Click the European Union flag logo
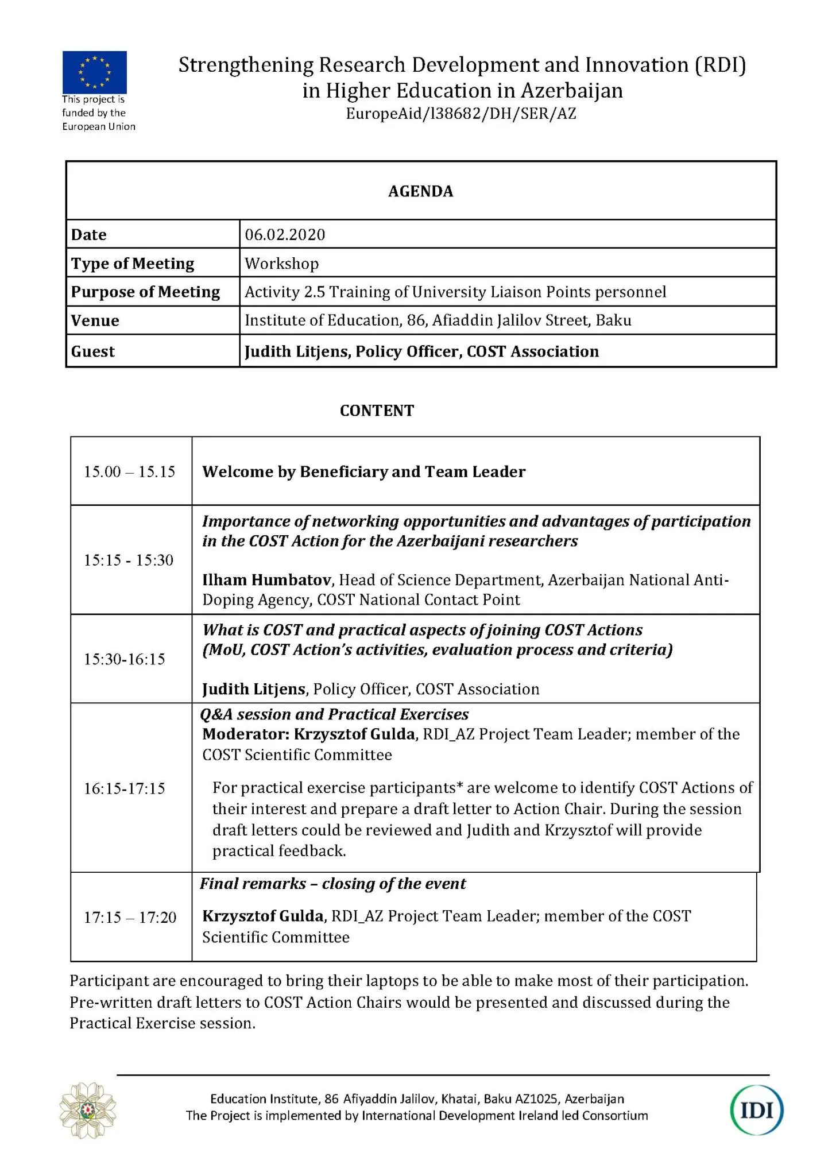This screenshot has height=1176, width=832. pos(94,72)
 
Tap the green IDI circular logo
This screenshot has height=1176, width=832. pos(756,1110)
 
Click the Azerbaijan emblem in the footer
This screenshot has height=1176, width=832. pos(88,1110)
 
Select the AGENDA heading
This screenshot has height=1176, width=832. pos(420,191)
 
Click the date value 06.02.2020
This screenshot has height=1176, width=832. pos(285,234)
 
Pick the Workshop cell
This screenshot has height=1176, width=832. pos(281,264)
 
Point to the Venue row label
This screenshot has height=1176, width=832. pos(95,320)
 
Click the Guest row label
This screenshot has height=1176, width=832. pos(92,351)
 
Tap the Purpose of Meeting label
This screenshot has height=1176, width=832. pos(145,292)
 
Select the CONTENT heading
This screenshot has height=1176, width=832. pos(377,411)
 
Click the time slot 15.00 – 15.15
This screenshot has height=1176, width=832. pos(130,471)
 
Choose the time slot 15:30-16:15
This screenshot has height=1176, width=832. pos(125,659)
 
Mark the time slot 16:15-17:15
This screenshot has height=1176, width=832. pos(125,788)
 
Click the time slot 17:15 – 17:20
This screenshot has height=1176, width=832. pos(130,917)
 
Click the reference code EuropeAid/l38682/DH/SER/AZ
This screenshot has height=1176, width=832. pos(460,114)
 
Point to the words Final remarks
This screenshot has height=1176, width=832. pos(253,883)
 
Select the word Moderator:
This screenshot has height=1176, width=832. pos(245,734)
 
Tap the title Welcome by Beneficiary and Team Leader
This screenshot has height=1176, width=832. pos(363,471)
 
